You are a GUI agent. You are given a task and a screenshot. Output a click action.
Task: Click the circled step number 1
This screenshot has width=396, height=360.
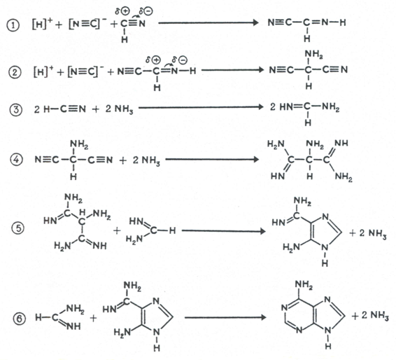[13, 25]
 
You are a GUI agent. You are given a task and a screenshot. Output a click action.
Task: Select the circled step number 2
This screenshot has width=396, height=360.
[15, 73]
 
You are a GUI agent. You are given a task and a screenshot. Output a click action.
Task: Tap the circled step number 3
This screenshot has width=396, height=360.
[15, 110]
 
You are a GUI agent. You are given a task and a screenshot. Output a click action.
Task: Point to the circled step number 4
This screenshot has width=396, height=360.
[16, 160]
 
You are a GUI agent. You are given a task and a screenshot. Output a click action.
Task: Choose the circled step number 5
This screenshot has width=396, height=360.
[17, 228]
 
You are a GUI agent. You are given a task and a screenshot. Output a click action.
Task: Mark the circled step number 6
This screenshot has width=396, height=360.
[19, 318]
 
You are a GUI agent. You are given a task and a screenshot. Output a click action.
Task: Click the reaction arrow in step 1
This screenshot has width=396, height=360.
[208, 22]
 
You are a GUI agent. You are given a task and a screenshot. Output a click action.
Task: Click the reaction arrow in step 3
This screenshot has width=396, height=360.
[201, 107]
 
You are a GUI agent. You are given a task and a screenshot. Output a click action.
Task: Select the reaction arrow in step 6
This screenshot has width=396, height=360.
[225, 317]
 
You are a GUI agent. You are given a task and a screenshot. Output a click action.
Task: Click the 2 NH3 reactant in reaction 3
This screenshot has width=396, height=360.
[119, 109]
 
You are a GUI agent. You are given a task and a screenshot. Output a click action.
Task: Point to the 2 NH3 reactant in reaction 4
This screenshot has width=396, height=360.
[146, 160]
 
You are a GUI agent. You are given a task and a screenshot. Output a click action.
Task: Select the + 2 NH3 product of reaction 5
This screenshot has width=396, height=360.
[368, 233]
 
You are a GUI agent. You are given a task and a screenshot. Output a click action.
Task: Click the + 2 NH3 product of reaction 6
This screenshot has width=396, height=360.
[370, 316]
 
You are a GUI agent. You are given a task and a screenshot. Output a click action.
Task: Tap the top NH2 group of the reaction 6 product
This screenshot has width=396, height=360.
[304, 285]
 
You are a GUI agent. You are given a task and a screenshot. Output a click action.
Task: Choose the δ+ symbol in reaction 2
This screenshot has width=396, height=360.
[153, 60]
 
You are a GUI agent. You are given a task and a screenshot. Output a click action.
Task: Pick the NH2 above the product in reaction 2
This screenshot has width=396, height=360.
[314, 55]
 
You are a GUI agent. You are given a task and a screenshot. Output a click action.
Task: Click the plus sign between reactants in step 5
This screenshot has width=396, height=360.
[117, 230]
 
